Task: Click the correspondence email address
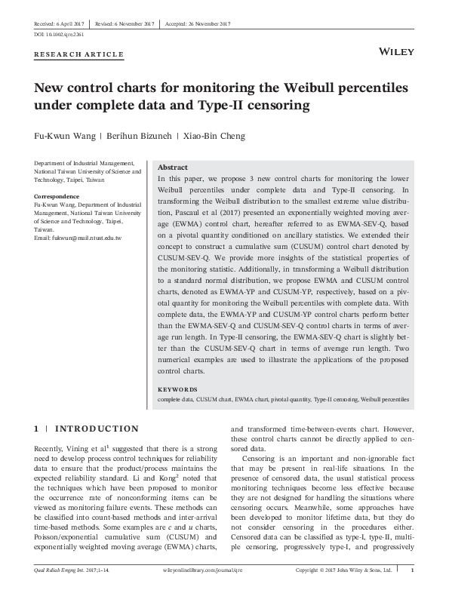(x=78, y=238)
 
